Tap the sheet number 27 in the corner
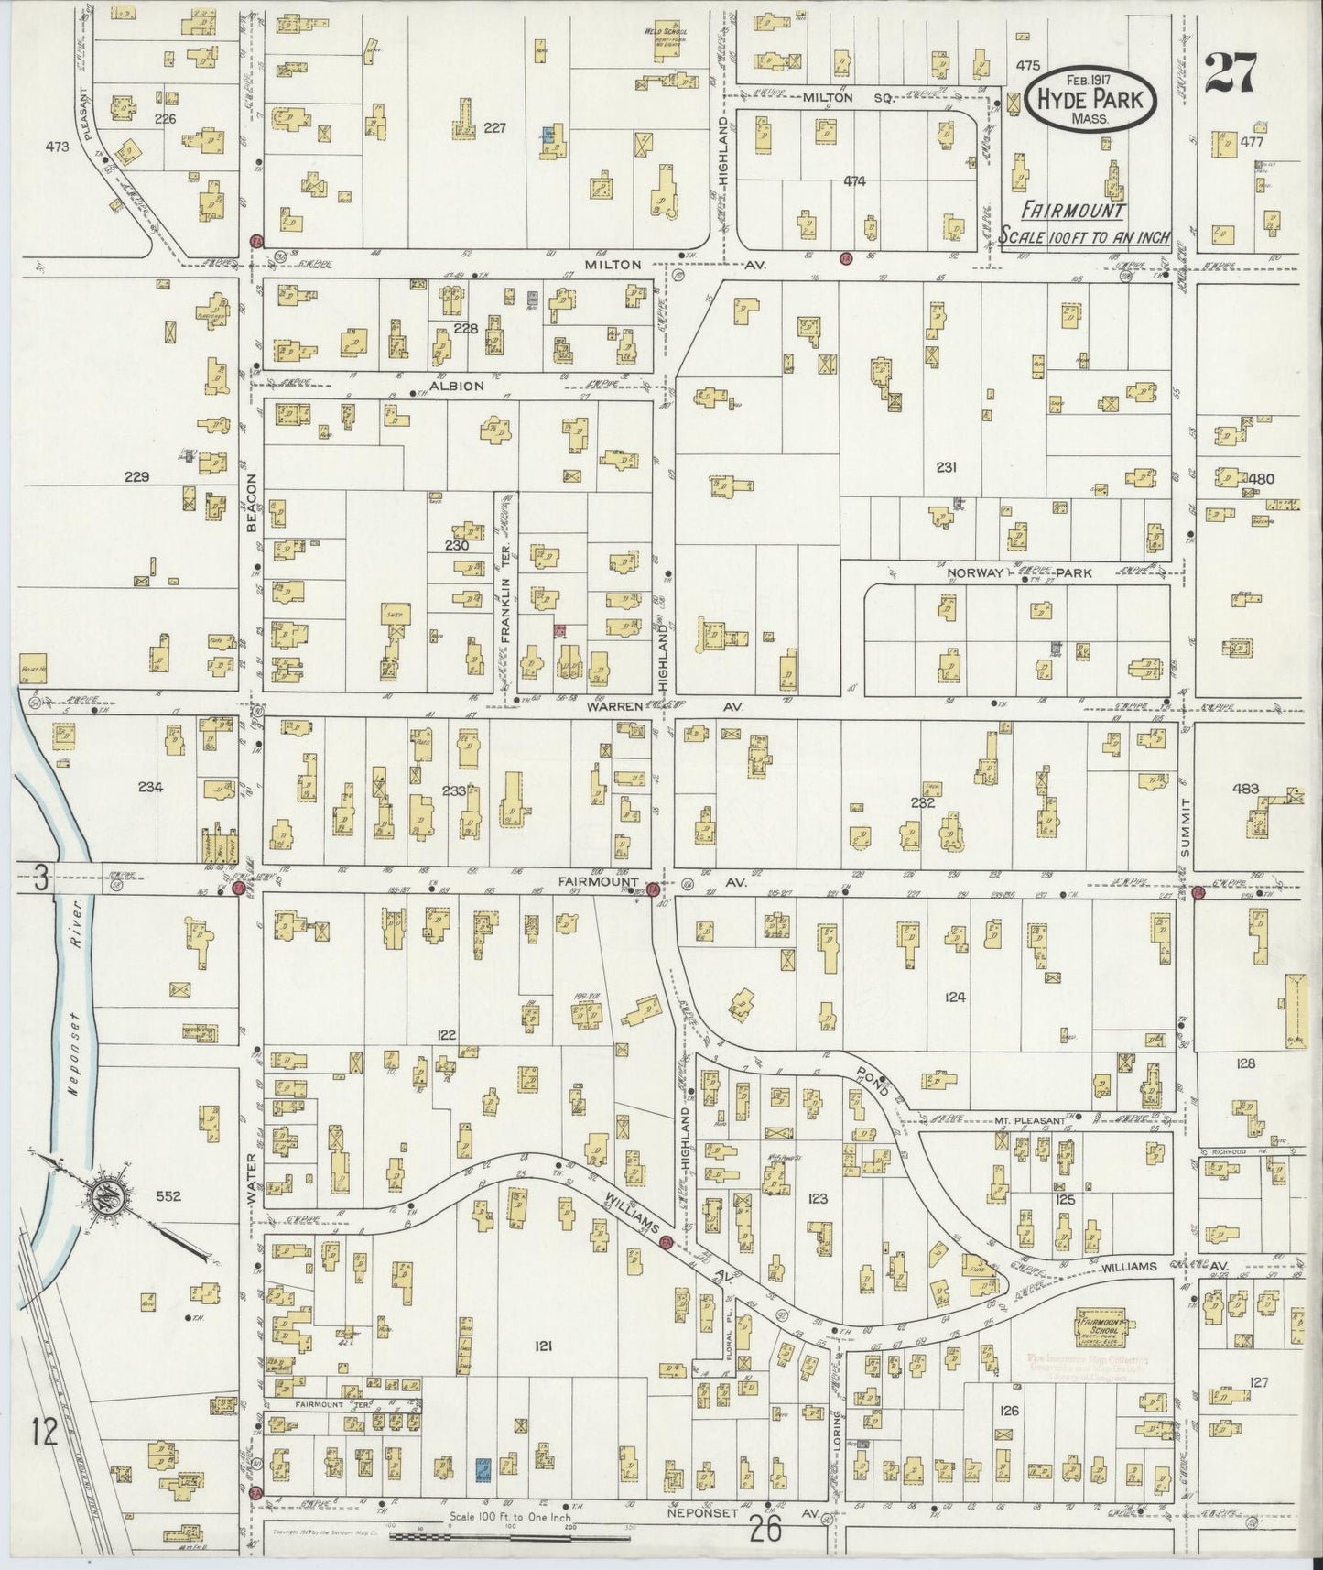click(x=1231, y=73)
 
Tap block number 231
click(x=947, y=467)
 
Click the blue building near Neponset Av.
click(x=483, y=1469)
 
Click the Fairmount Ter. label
click(x=318, y=1402)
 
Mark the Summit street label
click(x=1184, y=828)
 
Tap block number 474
click(x=853, y=181)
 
